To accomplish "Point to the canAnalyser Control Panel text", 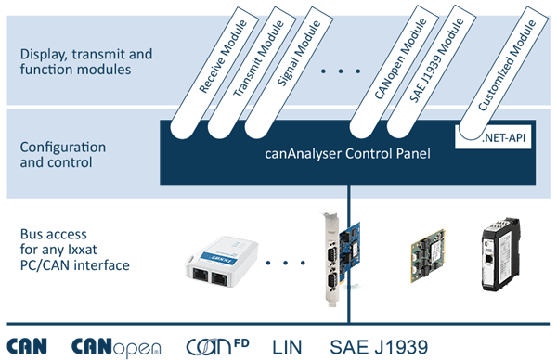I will click(x=347, y=157).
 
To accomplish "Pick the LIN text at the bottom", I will click(x=287, y=347).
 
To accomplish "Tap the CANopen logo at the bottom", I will click(x=117, y=347).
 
